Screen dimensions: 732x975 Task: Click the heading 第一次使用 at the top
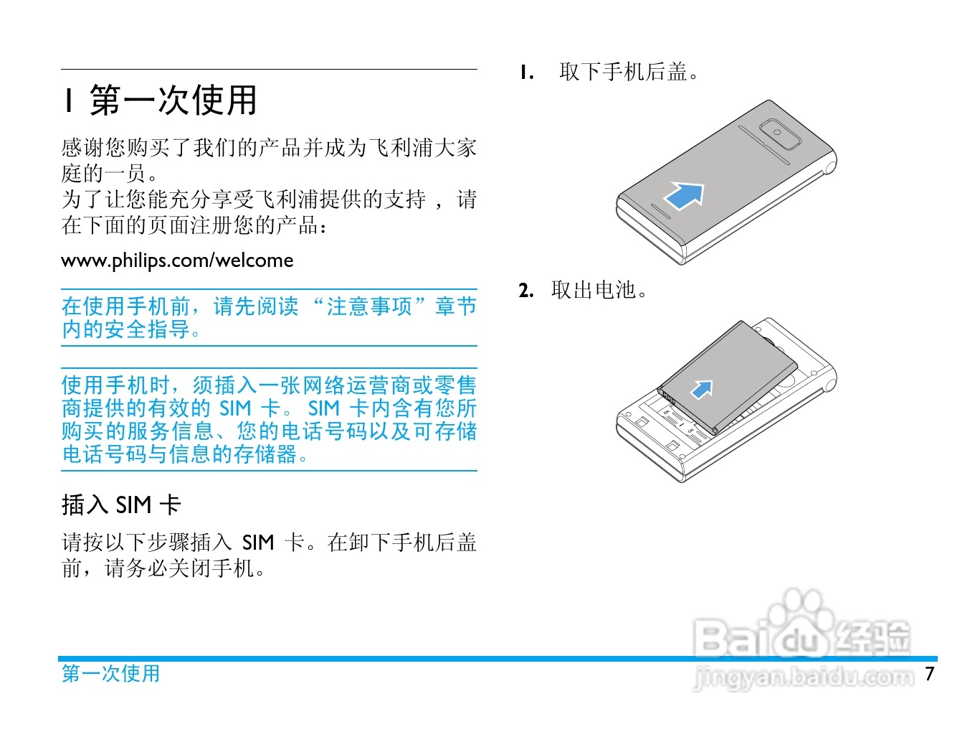(x=173, y=100)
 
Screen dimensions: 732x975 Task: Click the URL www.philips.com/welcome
(x=177, y=260)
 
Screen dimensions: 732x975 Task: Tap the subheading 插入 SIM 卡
(x=121, y=505)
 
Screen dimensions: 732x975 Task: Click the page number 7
(x=930, y=673)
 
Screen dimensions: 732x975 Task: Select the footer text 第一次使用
(x=110, y=673)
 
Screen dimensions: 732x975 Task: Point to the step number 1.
(x=526, y=72)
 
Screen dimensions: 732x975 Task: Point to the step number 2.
(x=526, y=291)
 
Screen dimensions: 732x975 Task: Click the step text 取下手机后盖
(x=624, y=72)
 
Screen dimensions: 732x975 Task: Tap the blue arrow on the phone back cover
(x=685, y=194)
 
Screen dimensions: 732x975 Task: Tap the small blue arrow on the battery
(x=702, y=389)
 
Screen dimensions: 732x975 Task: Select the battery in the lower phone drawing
(x=728, y=377)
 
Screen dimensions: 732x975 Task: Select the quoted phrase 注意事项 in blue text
(x=369, y=306)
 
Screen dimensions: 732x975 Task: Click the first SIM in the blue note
(x=235, y=408)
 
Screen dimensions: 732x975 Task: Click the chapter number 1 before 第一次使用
(x=69, y=100)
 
